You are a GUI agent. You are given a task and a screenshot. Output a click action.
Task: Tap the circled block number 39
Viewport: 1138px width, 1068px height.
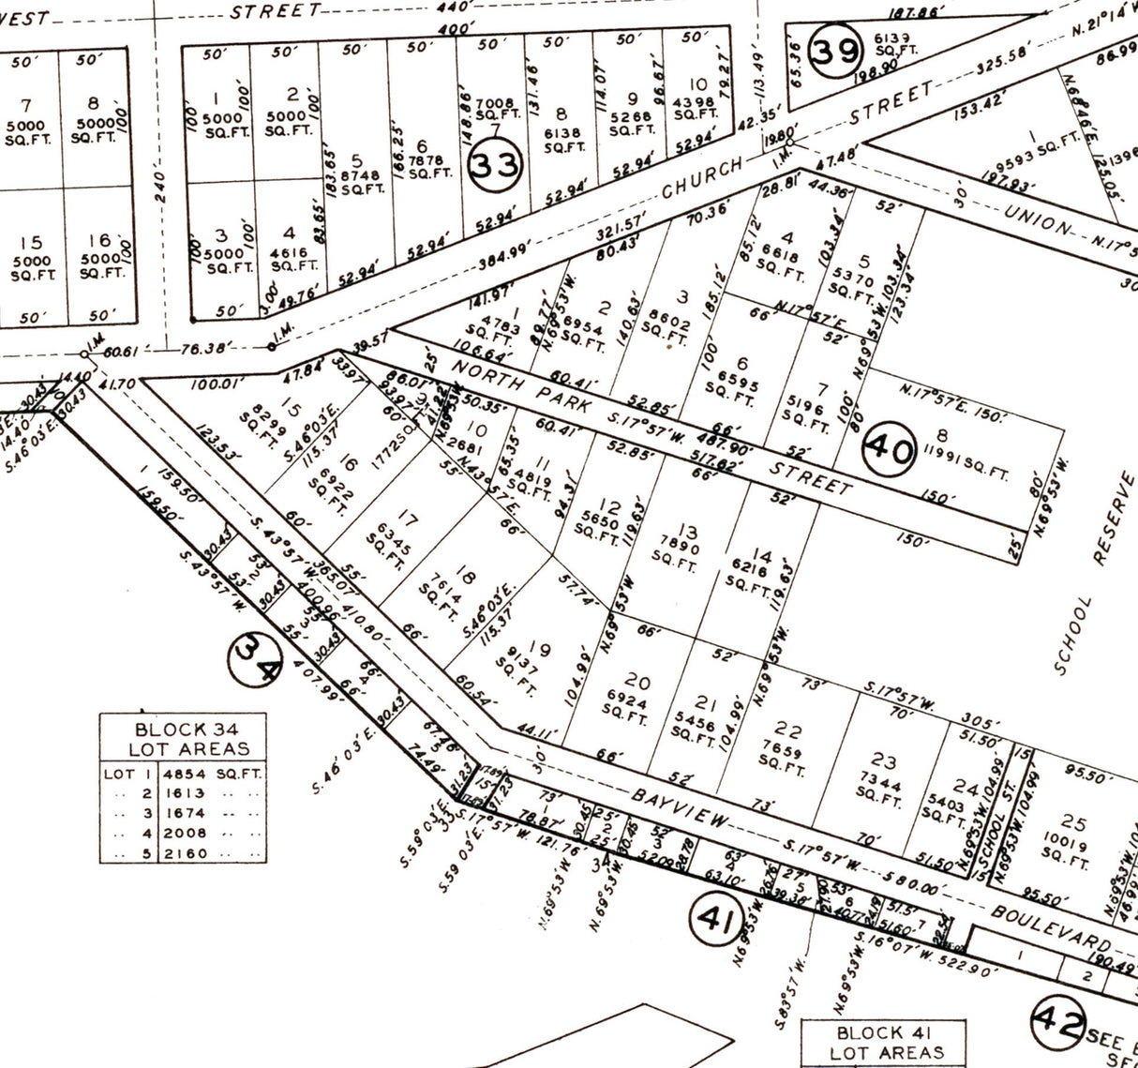pos(834,51)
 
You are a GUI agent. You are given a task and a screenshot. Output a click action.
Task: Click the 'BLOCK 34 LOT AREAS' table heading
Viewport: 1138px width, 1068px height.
pos(183,739)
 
